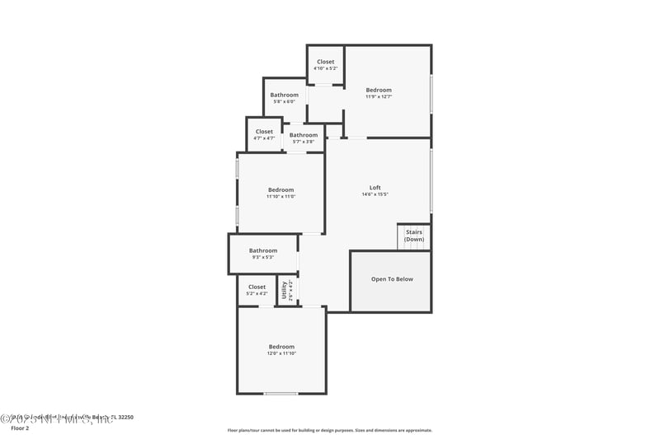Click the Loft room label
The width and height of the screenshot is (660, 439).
click(375, 187)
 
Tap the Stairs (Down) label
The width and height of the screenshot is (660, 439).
click(414, 236)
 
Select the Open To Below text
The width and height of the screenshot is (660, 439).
click(392, 279)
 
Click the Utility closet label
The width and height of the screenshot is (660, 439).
click(284, 290)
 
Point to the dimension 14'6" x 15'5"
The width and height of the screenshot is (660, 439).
click(375, 194)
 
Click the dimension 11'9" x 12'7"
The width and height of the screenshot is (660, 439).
click(379, 96)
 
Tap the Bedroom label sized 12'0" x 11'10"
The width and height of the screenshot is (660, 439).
click(280, 347)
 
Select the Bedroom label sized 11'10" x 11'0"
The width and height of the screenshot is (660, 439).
click(280, 189)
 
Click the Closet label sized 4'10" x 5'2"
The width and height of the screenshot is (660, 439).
click(326, 62)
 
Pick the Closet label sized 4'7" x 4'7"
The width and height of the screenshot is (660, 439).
click(264, 132)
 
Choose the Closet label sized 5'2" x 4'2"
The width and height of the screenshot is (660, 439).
click(257, 287)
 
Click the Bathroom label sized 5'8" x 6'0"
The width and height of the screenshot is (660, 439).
click(284, 95)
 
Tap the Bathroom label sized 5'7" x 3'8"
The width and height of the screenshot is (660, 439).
click(303, 135)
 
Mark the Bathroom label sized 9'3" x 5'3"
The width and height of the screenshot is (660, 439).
click(263, 250)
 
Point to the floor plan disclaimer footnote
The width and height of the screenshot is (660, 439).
click(329, 430)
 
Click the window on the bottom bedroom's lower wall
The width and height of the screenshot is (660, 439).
click(280, 394)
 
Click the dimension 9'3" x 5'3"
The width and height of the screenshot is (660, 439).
click(263, 258)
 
